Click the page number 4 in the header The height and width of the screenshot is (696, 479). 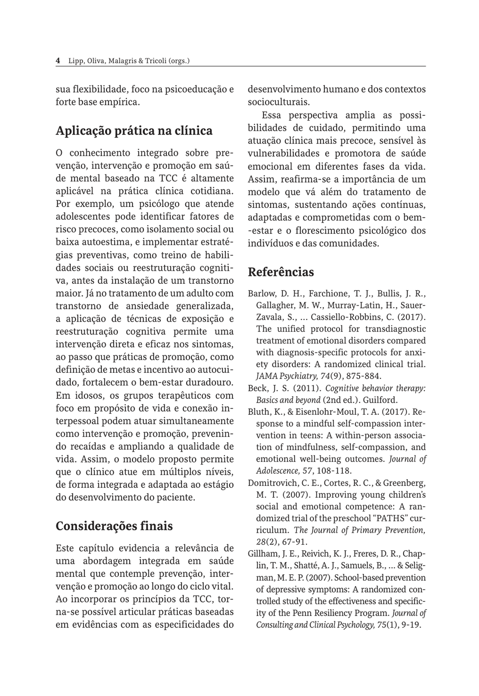tap(58, 61)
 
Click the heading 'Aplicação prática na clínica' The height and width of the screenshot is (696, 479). tap(134, 131)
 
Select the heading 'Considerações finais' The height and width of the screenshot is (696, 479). tap(114, 526)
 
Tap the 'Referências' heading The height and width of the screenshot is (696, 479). tap(281, 272)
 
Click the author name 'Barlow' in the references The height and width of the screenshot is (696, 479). tap(261, 294)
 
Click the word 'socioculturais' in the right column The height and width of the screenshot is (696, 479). tap(278, 102)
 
